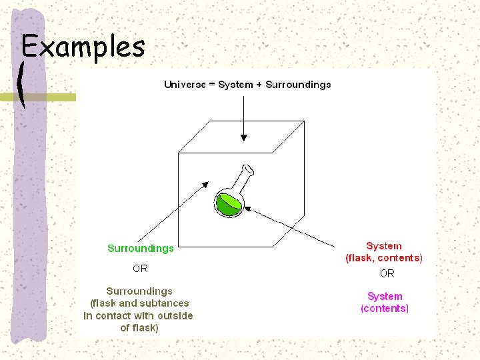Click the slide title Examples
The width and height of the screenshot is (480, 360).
tap(83, 47)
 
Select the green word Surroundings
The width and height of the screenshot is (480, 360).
tap(141, 248)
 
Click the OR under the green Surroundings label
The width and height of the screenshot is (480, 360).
tap(140, 269)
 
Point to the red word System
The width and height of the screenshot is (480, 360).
tap(383, 246)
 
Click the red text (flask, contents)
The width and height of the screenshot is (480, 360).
tap(383, 258)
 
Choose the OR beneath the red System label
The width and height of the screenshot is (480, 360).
tap(387, 273)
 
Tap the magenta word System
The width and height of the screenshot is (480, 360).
tap(385, 296)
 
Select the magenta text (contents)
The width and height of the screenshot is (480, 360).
tap(385, 308)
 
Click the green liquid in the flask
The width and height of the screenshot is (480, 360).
tap(229, 205)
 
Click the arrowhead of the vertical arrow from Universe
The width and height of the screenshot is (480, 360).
tap(244, 138)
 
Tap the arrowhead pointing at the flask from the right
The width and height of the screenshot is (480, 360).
tap(248, 208)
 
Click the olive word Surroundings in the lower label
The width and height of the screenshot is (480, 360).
tap(139, 291)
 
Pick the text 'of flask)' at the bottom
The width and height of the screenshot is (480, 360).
tap(139, 328)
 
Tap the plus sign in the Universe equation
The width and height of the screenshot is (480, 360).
tap(259, 85)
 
